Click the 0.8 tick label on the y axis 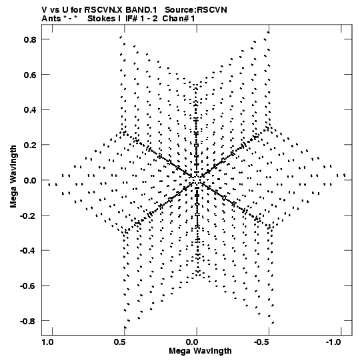click(x=30, y=39)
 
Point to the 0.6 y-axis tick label click(x=30, y=75)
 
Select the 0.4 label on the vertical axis click(x=30, y=110)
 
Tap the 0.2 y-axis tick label click(x=30, y=145)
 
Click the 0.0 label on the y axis click(x=30, y=180)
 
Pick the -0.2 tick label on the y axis click(x=28, y=216)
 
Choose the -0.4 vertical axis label click(x=28, y=250)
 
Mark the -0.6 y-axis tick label click(x=28, y=286)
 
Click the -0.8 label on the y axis click(x=28, y=321)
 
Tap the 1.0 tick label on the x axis click(x=47, y=342)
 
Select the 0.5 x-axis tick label click(x=119, y=342)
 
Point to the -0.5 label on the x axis click(x=262, y=342)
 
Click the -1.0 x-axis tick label click(x=333, y=342)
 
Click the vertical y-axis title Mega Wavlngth click(x=13, y=177)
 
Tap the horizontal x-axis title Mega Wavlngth click(x=200, y=351)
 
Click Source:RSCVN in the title click(x=196, y=10)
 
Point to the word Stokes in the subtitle click(x=101, y=19)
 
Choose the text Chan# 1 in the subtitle click(x=179, y=19)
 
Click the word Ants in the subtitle click(x=51, y=19)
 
